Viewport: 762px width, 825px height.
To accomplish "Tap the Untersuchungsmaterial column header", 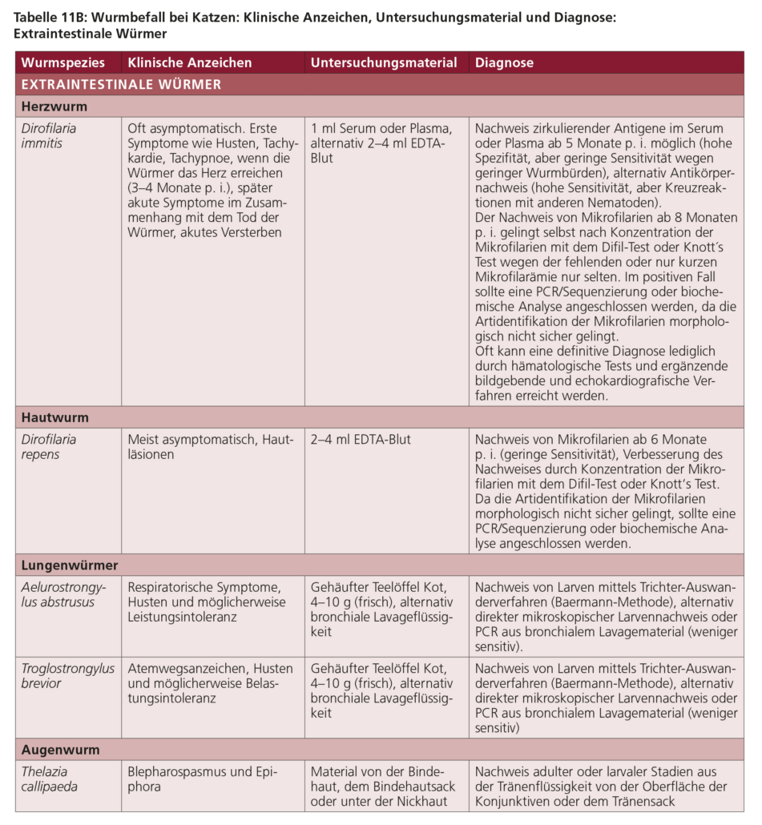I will click(384, 62).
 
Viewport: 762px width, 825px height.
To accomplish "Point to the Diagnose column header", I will click(504, 62).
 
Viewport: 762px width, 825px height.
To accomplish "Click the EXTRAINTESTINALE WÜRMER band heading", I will click(121, 84).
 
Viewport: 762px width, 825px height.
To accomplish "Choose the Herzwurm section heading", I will click(54, 106).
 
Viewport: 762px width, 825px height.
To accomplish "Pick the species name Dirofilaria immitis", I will click(49, 135).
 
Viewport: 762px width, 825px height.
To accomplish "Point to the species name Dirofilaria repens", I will click(49, 447).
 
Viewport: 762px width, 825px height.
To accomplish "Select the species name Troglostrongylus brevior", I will click(67, 676).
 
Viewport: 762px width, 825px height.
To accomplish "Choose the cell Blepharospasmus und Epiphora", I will click(202, 779).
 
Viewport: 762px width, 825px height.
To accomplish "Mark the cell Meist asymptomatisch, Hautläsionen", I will click(211, 447).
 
